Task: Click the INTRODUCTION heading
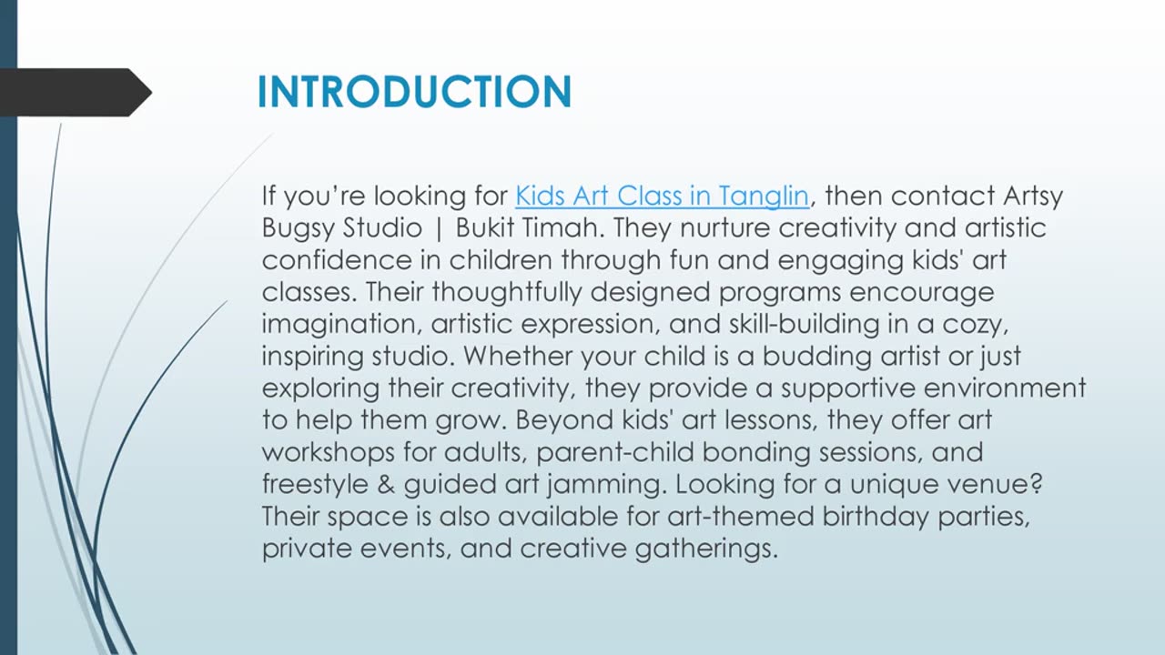coord(414,92)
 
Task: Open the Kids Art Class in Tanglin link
coord(662,196)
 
